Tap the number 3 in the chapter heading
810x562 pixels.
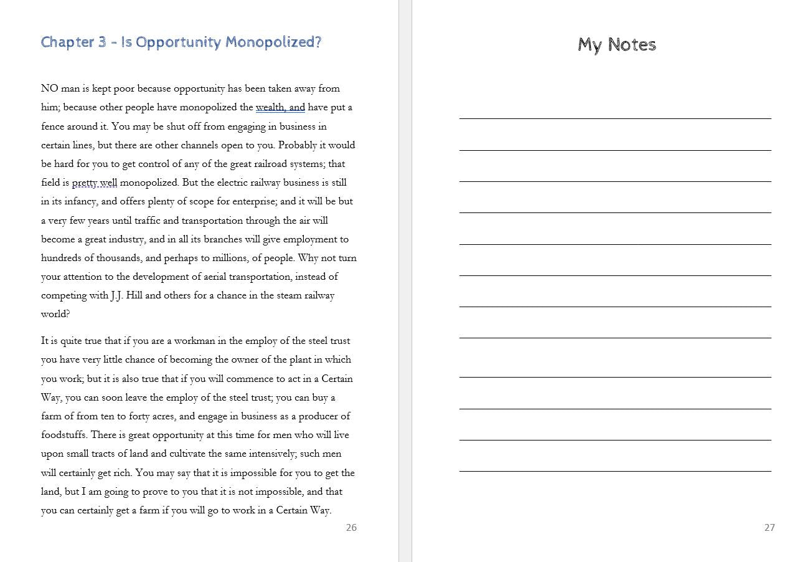[102, 42]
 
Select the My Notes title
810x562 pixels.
[616, 45]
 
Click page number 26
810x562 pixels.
[351, 528]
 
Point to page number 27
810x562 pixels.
[770, 528]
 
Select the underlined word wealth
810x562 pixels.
[270, 107]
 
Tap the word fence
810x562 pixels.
[52, 126]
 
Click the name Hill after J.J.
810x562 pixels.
[134, 295]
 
